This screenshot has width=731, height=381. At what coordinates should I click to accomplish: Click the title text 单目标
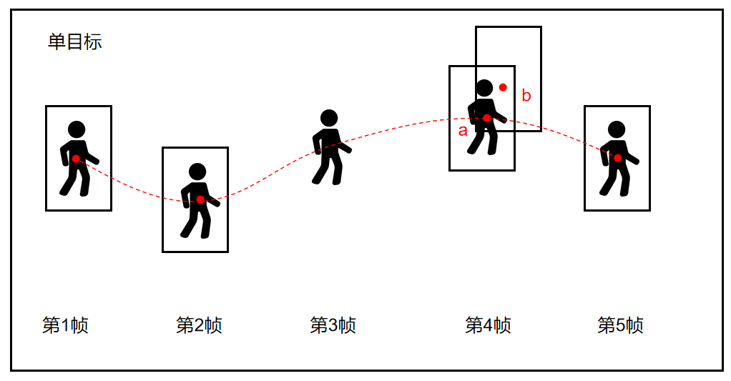pos(74,42)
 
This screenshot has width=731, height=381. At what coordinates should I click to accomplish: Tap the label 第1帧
pos(65,325)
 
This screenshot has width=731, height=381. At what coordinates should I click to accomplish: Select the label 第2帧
pos(199,325)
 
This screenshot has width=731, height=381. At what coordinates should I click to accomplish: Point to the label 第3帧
pos(333,325)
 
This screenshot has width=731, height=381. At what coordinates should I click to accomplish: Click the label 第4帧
pos(488,325)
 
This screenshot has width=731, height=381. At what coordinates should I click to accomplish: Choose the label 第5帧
pos(621,325)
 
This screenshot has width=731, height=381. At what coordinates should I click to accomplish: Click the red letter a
pos(463,131)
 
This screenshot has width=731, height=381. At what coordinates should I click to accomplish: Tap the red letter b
pos(526,96)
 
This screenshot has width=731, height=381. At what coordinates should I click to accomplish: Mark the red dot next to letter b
pos(503,87)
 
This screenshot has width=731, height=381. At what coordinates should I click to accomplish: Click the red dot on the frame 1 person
pos(76,159)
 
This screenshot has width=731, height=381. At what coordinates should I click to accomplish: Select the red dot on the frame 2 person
pos(200,199)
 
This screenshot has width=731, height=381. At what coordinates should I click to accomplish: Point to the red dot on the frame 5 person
pos(618,159)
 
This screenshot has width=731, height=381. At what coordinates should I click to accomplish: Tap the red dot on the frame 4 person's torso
pos(486,119)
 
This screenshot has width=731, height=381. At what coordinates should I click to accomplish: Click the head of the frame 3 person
pos(329,119)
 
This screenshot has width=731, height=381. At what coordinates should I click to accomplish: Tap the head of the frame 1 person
pos(77,130)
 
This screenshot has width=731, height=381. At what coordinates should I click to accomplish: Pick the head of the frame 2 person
pos(197,172)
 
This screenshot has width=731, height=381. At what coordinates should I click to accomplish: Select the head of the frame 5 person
pos(617,129)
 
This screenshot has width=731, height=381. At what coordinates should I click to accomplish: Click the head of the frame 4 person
pos(484,88)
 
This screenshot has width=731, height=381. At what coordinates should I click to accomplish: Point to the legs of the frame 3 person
pos(328,169)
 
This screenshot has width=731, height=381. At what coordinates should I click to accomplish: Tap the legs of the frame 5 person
pos(614,180)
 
